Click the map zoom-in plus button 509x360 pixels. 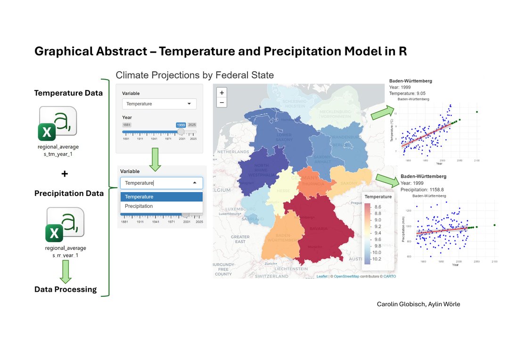(x=222, y=92)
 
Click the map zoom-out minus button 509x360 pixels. (x=222, y=102)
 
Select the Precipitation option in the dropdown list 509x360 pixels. (x=139, y=206)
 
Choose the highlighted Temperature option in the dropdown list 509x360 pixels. (x=139, y=197)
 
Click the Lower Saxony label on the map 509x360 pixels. (x=284, y=137)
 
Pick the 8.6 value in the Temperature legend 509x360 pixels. (x=378, y=207)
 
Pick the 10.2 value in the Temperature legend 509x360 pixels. (x=377, y=259)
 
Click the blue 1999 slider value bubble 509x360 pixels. (x=181, y=125)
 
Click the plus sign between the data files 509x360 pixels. (x=65, y=174)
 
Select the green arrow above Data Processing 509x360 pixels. (x=66, y=271)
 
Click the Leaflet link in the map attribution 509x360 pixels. (x=322, y=277)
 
